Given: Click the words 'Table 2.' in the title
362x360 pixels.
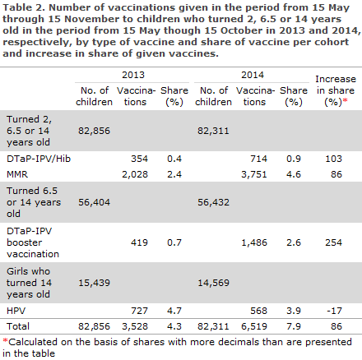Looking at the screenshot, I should [x=24, y=8].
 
